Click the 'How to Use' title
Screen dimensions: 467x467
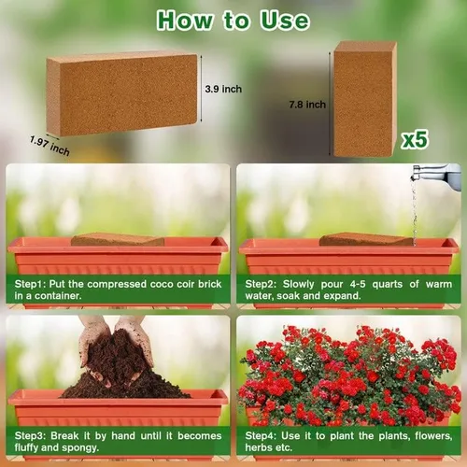[233, 21]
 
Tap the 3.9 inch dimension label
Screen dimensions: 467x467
[223, 89]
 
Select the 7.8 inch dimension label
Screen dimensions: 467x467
[307, 105]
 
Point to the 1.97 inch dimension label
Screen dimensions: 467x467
[50, 146]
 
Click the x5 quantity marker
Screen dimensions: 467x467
[415, 139]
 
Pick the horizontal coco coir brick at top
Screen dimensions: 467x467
[121, 93]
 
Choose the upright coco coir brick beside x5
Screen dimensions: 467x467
[365, 99]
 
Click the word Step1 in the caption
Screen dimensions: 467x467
[30, 284]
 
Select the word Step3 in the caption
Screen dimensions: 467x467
[30, 436]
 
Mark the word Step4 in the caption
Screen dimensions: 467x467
[261, 436]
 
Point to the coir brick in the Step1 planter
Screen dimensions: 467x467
[118, 239]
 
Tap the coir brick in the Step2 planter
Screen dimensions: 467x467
[366, 239]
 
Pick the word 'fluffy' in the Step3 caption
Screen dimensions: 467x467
[26, 447]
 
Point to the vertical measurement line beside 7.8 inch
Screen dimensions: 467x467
[330, 104]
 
